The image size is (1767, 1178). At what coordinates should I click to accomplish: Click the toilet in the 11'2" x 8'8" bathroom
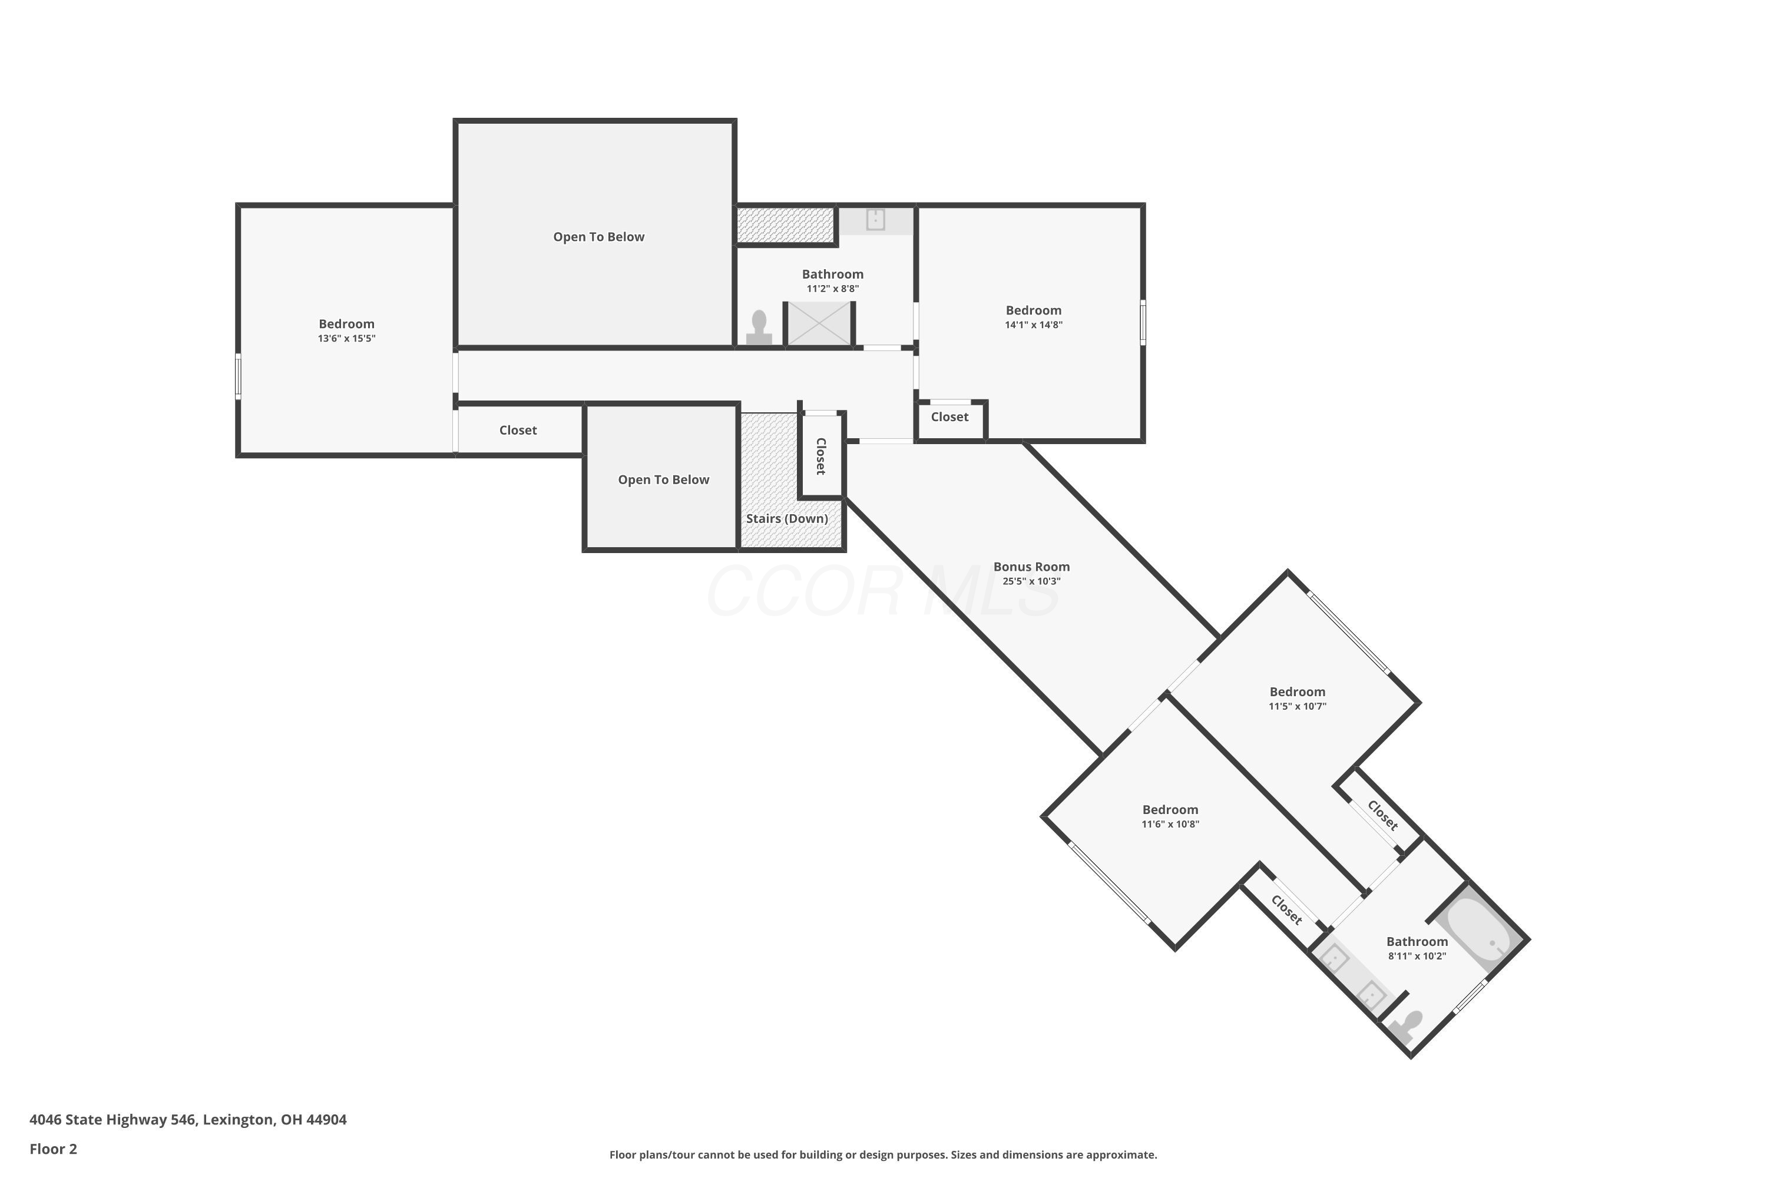pyautogui.click(x=759, y=327)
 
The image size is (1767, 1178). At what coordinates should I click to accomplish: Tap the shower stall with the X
pyautogui.click(x=818, y=324)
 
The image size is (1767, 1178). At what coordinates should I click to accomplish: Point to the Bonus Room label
pyautogui.click(x=1031, y=567)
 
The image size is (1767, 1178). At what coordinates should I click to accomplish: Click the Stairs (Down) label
pyautogui.click(x=786, y=518)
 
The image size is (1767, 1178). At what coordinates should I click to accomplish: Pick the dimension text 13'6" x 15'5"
pyautogui.click(x=346, y=339)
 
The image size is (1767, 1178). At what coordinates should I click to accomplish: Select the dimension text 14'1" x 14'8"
pyautogui.click(x=1034, y=325)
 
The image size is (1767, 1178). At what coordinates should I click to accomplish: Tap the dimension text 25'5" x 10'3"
pyautogui.click(x=1031, y=581)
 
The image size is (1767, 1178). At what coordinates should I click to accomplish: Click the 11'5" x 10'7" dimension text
pyautogui.click(x=1298, y=706)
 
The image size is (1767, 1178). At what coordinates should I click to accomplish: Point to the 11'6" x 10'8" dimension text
pyautogui.click(x=1170, y=824)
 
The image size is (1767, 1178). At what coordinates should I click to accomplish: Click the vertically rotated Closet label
pyautogui.click(x=820, y=456)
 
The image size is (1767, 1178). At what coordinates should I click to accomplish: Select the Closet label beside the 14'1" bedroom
pyautogui.click(x=949, y=417)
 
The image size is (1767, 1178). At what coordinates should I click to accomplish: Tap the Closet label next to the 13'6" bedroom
pyautogui.click(x=518, y=431)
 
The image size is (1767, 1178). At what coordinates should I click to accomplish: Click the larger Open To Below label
pyautogui.click(x=599, y=237)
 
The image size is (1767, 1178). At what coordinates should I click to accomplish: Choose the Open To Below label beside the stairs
pyautogui.click(x=663, y=479)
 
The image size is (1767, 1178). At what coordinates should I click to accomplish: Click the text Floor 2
pyautogui.click(x=54, y=1149)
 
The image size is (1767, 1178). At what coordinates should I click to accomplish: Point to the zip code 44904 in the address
pyautogui.click(x=327, y=1120)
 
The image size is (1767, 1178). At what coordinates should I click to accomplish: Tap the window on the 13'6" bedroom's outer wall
pyautogui.click(x=238, y=376)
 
